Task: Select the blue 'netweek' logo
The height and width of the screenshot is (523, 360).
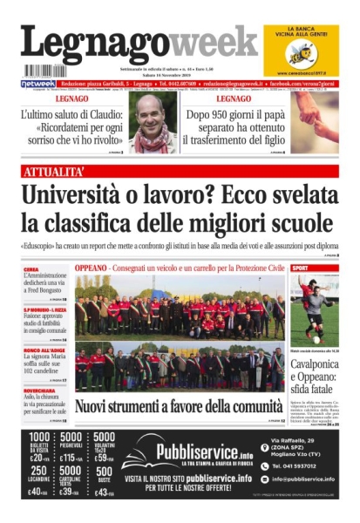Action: (37, 84)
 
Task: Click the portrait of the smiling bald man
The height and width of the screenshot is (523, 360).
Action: (153, 122)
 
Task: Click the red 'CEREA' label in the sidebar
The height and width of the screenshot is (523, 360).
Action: (31, 270)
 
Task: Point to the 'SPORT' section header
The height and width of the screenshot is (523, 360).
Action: (300, 268)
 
